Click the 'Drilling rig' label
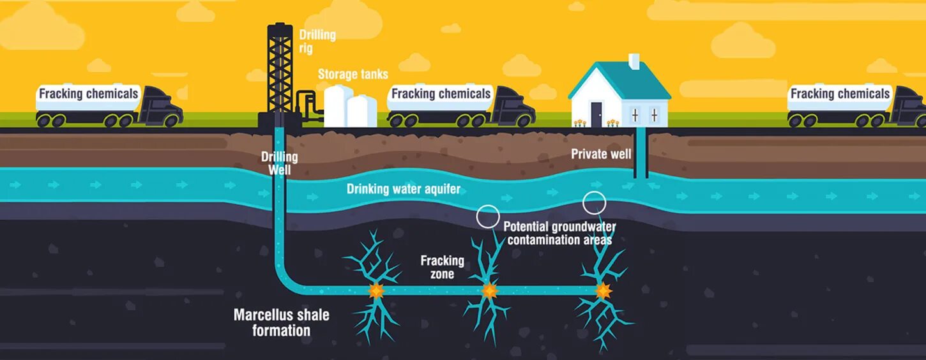click(317, 41)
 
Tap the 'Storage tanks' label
click(353, 74)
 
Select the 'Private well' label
click(600, 154)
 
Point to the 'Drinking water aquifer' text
click(403, 189)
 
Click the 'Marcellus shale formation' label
click(281, 322)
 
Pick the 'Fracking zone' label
click(442, 267)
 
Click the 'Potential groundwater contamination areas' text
click(559, 233)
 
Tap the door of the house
click(596, 114)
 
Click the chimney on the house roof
click(634, 61)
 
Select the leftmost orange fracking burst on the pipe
click(376, 290)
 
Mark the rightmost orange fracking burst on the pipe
click(602, 291)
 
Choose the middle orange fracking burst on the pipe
click(489, 291)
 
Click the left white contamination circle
click(488, 216)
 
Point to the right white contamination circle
click(594, 202)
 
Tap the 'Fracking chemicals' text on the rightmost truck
click(840, 94)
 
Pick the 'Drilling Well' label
click(279, 163)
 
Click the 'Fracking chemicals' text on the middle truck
click(441, 94)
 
